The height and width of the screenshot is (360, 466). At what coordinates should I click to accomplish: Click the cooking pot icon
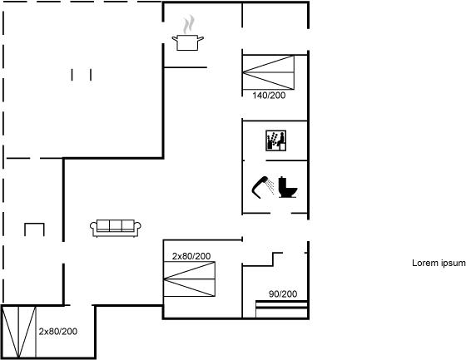(187, 42)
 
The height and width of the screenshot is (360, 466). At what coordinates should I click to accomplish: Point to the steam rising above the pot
(188, 24)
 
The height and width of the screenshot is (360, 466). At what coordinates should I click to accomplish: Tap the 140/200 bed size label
(269, 96)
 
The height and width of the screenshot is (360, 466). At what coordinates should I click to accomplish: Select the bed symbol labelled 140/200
(268, 72)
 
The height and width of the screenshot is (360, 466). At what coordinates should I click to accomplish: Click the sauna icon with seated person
(275, 141)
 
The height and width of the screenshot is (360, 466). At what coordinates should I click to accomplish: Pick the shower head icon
(262, 187)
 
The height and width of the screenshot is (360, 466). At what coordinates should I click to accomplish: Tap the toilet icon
(288, 187)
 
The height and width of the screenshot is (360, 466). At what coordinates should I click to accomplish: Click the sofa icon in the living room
(116, 229)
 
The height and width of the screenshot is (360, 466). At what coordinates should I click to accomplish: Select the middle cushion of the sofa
(116, 226)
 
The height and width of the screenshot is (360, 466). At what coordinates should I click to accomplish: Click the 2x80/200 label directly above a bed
(191, 256)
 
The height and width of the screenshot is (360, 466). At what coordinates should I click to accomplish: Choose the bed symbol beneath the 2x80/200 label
(190, 279)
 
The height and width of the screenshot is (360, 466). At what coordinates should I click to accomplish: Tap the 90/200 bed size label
(283, 294)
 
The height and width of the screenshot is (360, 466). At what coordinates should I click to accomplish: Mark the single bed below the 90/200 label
(281, 309)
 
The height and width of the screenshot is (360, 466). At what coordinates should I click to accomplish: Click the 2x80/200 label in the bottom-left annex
(58, 332)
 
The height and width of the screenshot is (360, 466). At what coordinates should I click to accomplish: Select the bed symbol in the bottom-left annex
(18, 332)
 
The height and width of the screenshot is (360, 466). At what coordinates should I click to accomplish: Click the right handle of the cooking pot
(201, 38)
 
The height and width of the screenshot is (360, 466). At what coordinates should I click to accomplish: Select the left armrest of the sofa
(93, 227)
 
